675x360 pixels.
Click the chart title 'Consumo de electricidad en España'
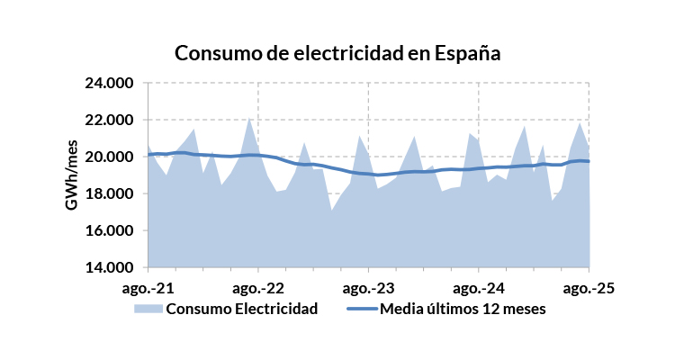(x=337, y=53)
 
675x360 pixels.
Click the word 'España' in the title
(x=467, y=53)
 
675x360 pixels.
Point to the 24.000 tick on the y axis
(x=108, y=83)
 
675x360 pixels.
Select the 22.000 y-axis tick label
(x=108, y=120)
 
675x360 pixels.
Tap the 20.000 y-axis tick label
(x=108, y=157)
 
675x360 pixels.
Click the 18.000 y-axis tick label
(x=108, y=193)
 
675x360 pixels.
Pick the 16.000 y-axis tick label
(x=108, y=230)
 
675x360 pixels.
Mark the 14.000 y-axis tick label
(x=108, y=267)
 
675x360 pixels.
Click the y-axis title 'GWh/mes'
(x=71, y=175)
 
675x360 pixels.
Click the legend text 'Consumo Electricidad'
(x=242, y=309)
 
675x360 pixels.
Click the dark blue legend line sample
(x=361, y=309)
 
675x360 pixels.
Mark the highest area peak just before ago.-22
(x=249, y=117)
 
